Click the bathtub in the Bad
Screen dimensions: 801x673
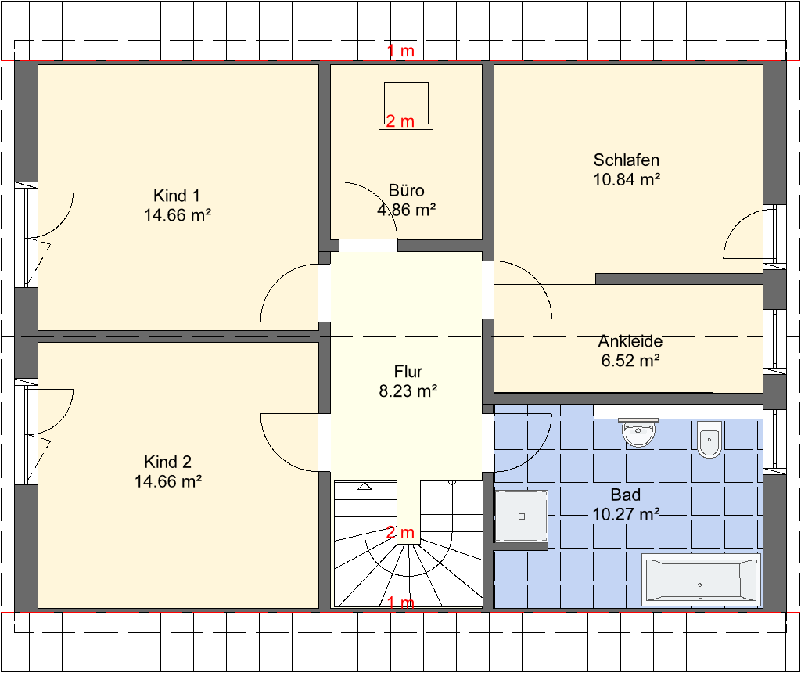[701, 580]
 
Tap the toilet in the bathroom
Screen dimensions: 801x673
[709, 439]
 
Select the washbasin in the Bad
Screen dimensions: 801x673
[638, 432]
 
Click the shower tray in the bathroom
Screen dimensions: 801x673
[522, 516]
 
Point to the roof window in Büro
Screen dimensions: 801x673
[406, 103]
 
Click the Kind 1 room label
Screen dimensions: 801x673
[177, 196]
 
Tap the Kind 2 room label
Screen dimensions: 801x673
[167, 462]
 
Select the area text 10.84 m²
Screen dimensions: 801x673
[627, 179]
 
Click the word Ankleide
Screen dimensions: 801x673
[630, 341]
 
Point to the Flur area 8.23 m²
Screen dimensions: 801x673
[408, 391]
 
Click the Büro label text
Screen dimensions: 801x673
[406, 191]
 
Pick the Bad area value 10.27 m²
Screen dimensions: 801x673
[626, 514]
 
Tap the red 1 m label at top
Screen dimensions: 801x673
[400, 51]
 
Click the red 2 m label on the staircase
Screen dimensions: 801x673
[400, 533]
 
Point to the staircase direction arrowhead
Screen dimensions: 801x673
[365, 486]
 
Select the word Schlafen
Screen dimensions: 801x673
[627, 160]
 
